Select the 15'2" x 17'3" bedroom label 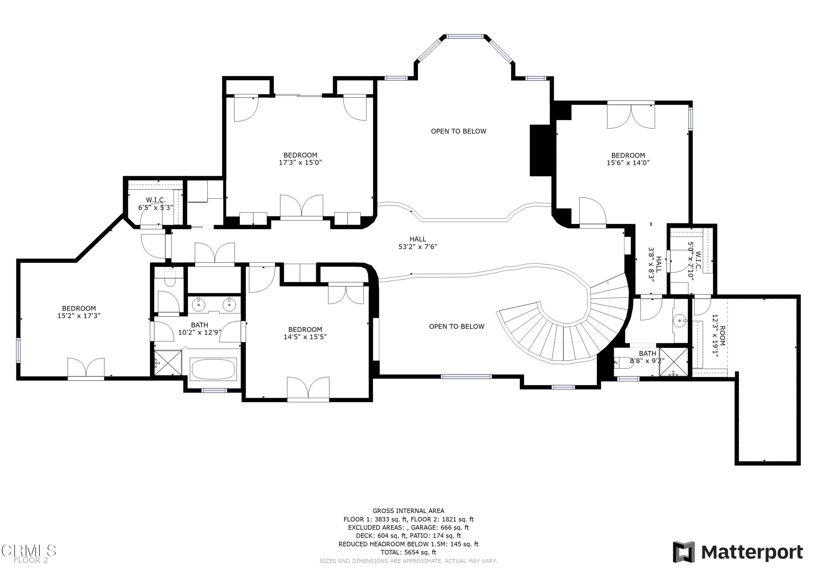79,312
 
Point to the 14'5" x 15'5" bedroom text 305,333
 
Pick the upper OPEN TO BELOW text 458,131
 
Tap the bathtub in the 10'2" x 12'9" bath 213,369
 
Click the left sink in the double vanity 198,304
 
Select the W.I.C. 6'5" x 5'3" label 156,204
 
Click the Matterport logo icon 684,552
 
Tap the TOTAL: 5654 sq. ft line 408,552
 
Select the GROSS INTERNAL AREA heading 408,511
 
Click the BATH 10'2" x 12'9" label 199,329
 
